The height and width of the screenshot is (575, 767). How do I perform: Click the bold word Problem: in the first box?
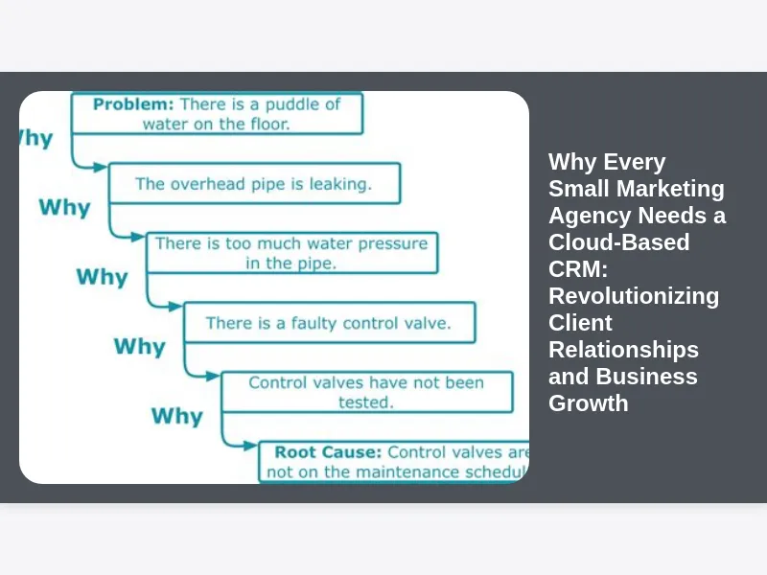[133, 103]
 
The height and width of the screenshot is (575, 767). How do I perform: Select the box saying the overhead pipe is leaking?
[254, 183]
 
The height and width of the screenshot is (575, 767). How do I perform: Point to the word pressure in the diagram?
[390, 243]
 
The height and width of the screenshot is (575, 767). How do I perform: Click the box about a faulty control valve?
[328, 324]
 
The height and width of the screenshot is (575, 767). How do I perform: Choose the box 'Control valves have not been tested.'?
[366, 392]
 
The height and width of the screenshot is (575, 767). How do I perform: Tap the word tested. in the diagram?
[365, 402]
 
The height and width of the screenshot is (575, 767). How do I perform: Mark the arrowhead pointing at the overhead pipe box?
[101, 167]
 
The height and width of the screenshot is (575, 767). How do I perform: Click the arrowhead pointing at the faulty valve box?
[175, 307]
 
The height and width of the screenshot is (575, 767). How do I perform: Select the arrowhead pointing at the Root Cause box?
[251, 446]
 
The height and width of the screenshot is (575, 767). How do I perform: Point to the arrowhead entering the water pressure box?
[139, 237]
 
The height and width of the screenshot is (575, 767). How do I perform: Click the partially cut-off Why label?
[35, 138]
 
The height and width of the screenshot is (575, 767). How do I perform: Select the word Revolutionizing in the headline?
[634, 295]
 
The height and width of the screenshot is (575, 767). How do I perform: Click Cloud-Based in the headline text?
[618, 241]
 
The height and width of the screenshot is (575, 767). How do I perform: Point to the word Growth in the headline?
[588, 402]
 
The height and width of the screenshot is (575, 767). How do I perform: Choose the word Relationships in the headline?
[623, 349]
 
